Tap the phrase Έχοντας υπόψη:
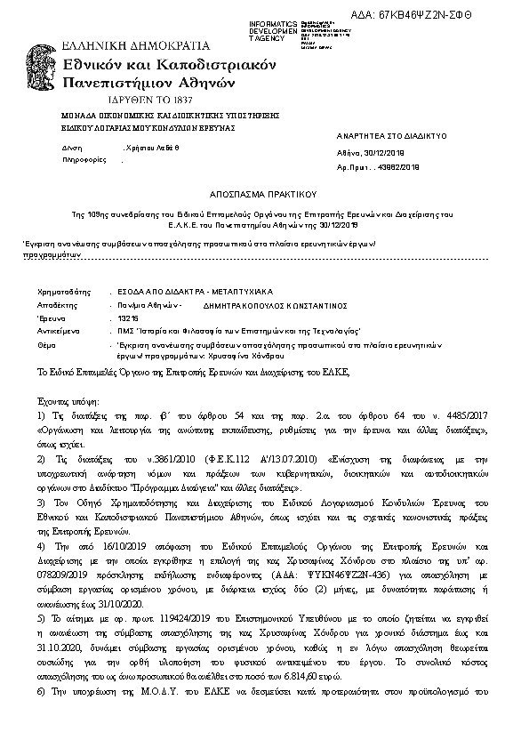(68, 402)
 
